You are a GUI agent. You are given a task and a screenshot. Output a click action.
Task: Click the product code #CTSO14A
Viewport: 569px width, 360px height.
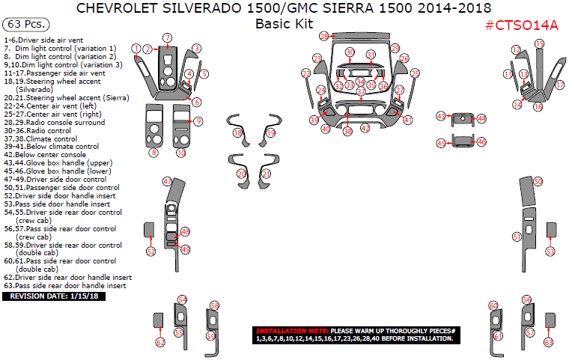[x=521, y=25]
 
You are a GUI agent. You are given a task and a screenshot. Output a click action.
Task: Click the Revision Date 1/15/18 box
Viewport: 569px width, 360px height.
[x=53, y=296]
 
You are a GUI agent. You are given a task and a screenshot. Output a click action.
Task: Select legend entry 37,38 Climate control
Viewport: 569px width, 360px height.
[x=40, y=138]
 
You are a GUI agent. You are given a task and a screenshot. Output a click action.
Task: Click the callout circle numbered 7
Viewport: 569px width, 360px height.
[x=168, y=37]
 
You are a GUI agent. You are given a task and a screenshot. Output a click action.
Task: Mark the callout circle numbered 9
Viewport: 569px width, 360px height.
[x=198, y=121]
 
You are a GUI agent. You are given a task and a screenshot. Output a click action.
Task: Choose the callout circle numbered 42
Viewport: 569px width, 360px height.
[x=365, y=129]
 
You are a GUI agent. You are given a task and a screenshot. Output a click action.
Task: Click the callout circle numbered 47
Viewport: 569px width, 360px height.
[x=168, y=182]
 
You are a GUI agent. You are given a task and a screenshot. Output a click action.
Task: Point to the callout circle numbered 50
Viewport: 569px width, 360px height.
[x=538, y=182]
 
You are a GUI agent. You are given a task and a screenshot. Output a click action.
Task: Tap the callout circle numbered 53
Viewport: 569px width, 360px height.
[x=550, y=252]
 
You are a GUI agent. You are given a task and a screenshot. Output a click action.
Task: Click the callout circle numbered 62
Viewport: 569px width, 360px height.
[x=160, y=342]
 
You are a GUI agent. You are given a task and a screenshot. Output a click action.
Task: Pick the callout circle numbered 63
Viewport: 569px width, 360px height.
[x=549, y=342]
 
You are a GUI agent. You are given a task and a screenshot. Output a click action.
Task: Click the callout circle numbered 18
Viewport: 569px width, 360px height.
[x=237, y=132]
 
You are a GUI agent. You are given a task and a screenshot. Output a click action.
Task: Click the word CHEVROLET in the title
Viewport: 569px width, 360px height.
[x=121, y=8]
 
